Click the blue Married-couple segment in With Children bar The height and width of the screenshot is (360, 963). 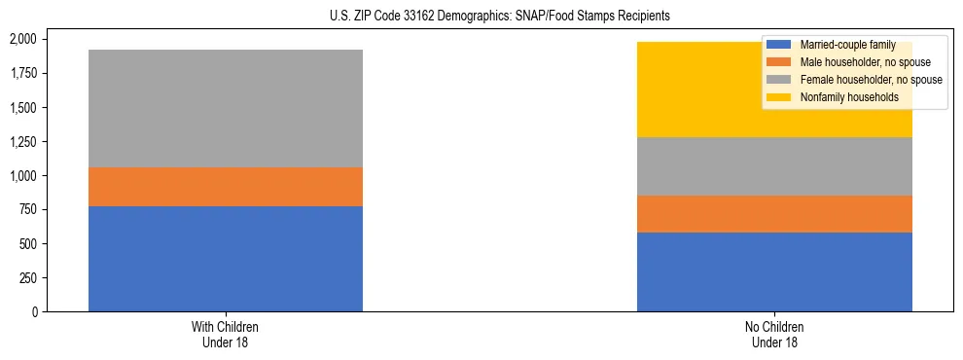[226, 259]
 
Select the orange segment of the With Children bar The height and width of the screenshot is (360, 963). [226, 187]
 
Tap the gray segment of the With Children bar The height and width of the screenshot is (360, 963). [226, 108]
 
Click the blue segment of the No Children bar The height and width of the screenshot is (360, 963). [774, 271]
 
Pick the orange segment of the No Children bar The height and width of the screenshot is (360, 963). [774, 214]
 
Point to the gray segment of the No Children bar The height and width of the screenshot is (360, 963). [774, 166]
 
